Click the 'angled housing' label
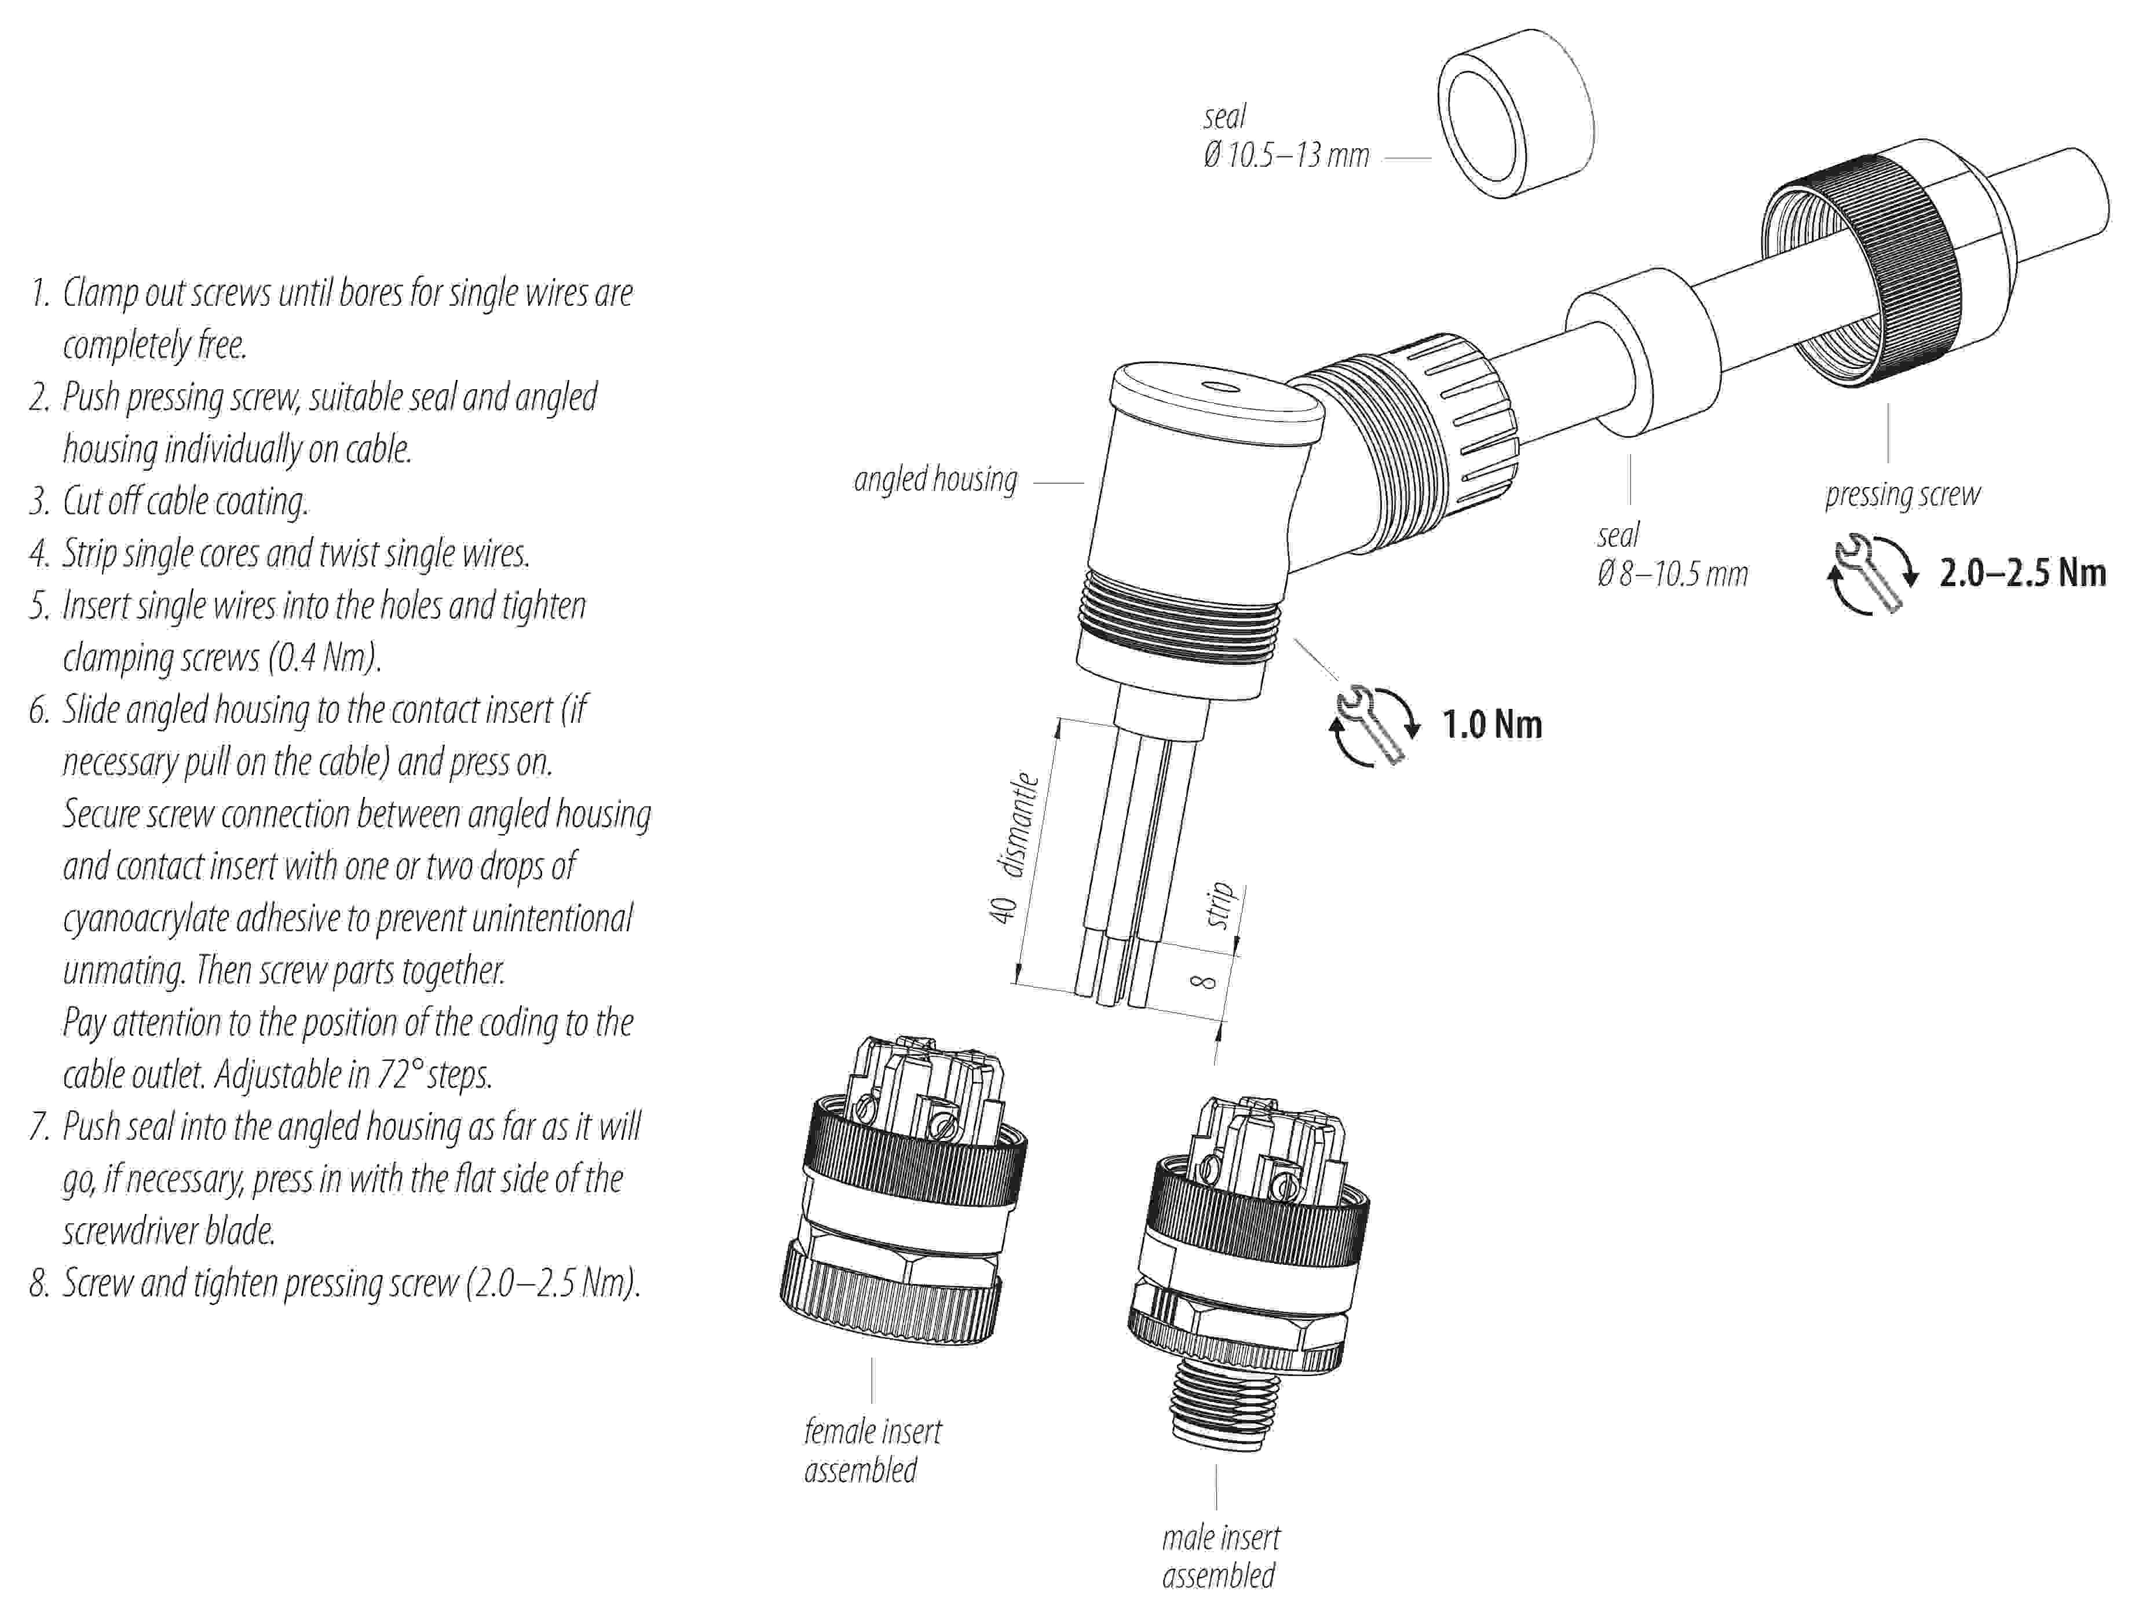[x=934, y=480]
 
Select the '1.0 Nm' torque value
[x=1492, y=725]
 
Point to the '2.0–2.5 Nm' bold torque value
[x=2022, y=573]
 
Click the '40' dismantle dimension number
[x=1003, y=909]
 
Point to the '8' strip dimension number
[x=1203, y=982]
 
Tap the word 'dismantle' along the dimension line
[x=1022, y=824]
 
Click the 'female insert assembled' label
[x=872, y=1450]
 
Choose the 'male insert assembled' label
[x=1220, y=1556]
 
